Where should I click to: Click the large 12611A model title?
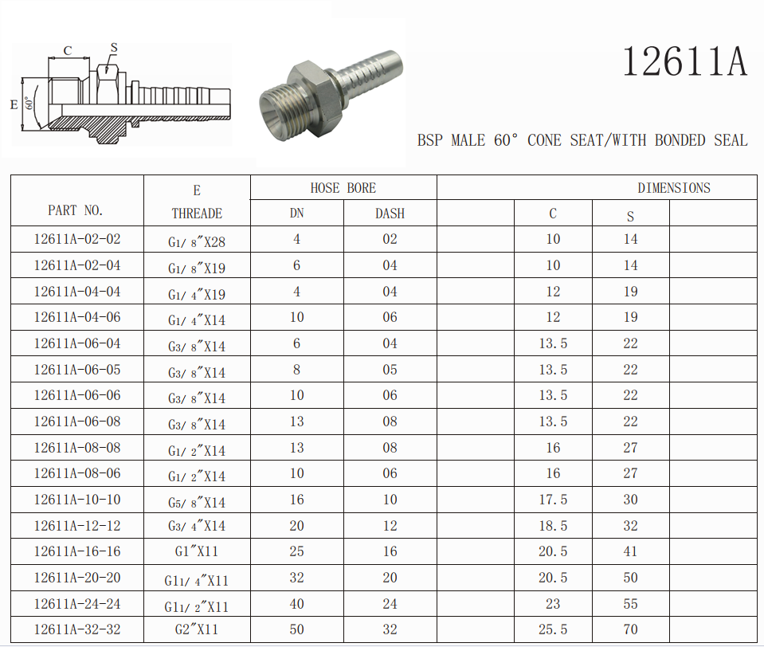pyautogui.click(x=684, y=61)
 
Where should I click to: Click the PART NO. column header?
pyautogui.click(x=75, y=210)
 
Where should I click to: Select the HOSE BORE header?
pyautogui.click(x=343, y=188)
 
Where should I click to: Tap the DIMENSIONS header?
pyautogui.click(x=674, y=188)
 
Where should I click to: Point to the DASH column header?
pyautogui.click(x=390, y=214)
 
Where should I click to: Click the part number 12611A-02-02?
pyautogui.click(x=77, y=239)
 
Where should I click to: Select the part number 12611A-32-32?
pyautogui.click(x=77, y=629)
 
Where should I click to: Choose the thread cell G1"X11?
pyautogui.click(x=196, y=551)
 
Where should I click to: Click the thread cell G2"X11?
pyautogui.click(x=196, y=629)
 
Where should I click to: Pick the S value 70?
pyautogui.click(x=630, y=629)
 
